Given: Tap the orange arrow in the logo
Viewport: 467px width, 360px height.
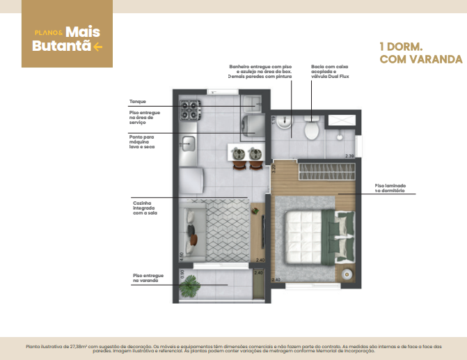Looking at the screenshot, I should pyautogui.click(x=97, y=47).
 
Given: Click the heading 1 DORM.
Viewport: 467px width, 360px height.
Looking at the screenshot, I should pyautogui.click(x=402, y=46).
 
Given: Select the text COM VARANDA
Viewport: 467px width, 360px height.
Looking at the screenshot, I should pyautogui.click(x=420, y=59).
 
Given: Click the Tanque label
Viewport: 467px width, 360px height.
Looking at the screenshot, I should pyautogui.click(x=137, y=102).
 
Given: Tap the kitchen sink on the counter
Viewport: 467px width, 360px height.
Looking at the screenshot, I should pyautogui.click(x=188, y=143).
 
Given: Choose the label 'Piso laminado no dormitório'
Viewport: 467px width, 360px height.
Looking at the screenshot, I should pyautogui.click(x=390, y=187).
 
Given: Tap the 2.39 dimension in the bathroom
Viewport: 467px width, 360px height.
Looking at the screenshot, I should pyautogui.click(x=350, y=156).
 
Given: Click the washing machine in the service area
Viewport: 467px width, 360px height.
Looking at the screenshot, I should pyautogui.click(x=253, y=126).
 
